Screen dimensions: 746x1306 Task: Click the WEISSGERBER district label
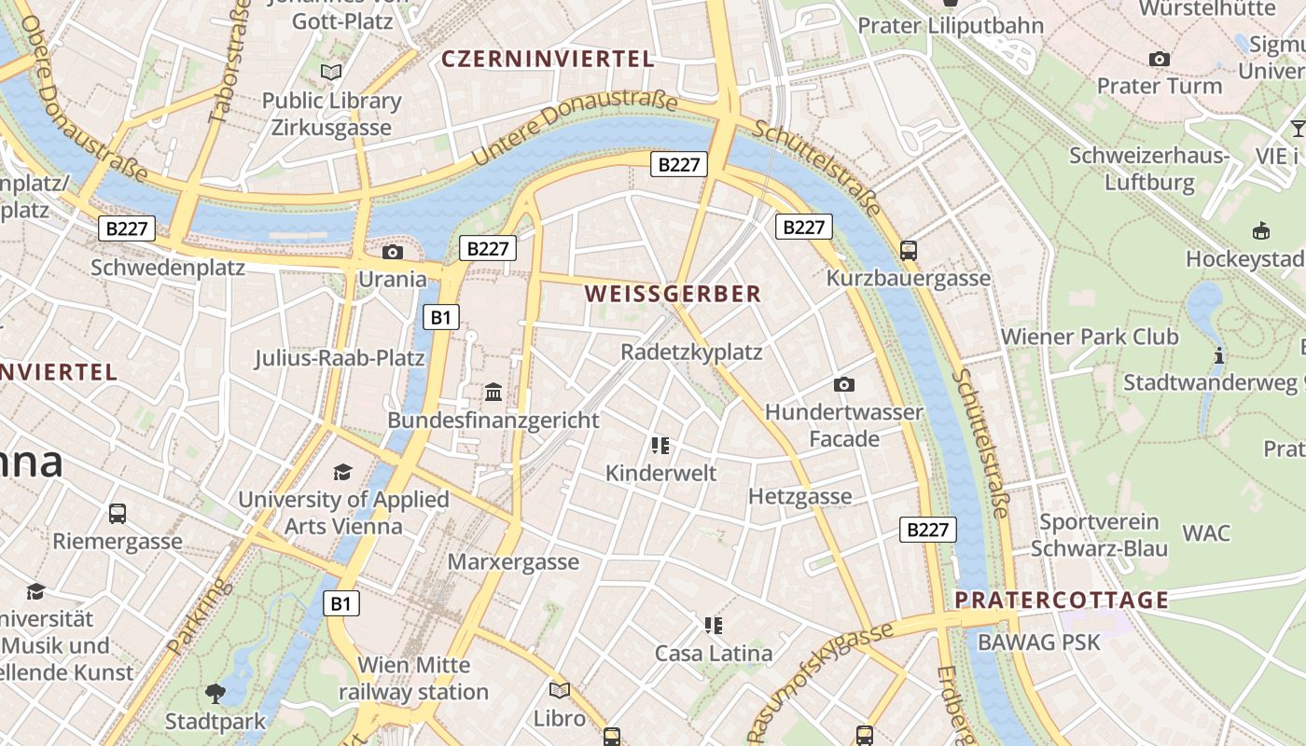pos(673,294)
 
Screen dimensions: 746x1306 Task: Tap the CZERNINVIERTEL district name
pos(548,59)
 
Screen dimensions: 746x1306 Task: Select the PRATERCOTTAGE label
pos(1063,600)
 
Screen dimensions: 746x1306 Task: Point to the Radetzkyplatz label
pos(691,352)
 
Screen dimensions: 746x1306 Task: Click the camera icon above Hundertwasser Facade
pos(844,384)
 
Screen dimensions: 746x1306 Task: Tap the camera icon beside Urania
pos(393,252)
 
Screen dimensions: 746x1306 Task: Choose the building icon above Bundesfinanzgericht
pos(493,392)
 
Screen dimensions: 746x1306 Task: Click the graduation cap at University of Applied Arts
pos(343,472)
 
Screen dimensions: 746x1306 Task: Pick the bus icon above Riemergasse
pos(118,513)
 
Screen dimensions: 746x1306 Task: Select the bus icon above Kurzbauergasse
pos(909,250)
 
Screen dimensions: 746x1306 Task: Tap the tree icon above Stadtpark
pos(215,693)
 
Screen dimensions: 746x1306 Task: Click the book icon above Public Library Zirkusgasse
pos(331,72)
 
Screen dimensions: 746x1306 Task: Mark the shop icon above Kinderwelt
pos(660,445)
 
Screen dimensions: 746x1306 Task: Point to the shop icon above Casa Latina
pos(714,625)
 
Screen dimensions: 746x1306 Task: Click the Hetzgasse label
pos(799,496)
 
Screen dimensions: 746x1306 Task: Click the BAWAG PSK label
pos(1039,642)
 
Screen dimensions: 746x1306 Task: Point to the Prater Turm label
pos(1159,86)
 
